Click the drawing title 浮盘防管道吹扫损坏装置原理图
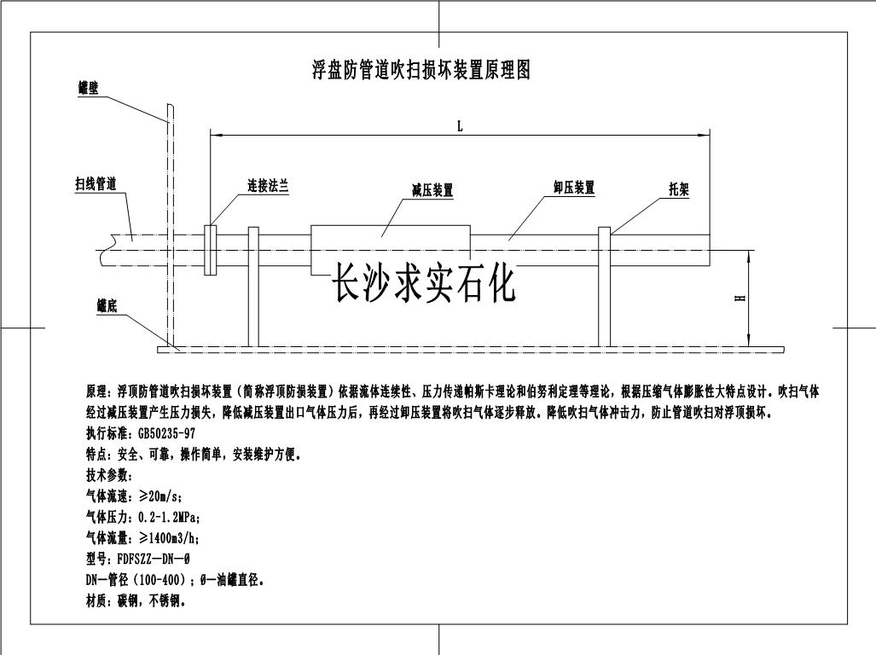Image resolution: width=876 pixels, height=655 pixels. [421, 70]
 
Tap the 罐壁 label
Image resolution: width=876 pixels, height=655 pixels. [88, 88]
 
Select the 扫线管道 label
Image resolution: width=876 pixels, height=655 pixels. [96, 183]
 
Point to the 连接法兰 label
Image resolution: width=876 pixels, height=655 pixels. [268, 186]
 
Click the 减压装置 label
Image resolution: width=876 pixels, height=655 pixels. [432, 190]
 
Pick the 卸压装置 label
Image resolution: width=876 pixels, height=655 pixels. [574, 188]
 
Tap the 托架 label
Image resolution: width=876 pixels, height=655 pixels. [679, 189]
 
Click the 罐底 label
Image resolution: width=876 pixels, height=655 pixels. [107, 305]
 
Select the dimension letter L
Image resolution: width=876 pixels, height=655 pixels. [461, 126]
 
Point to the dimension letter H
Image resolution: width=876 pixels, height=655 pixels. [740, 299]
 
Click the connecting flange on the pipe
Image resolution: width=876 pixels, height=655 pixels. [210, 250]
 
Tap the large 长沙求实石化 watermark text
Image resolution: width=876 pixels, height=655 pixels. [423, 282]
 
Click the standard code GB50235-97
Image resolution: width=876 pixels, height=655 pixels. [166, 433]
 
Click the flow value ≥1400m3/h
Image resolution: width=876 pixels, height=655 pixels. [169, 538]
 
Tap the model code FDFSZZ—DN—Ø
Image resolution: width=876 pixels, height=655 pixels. [154, 559]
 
